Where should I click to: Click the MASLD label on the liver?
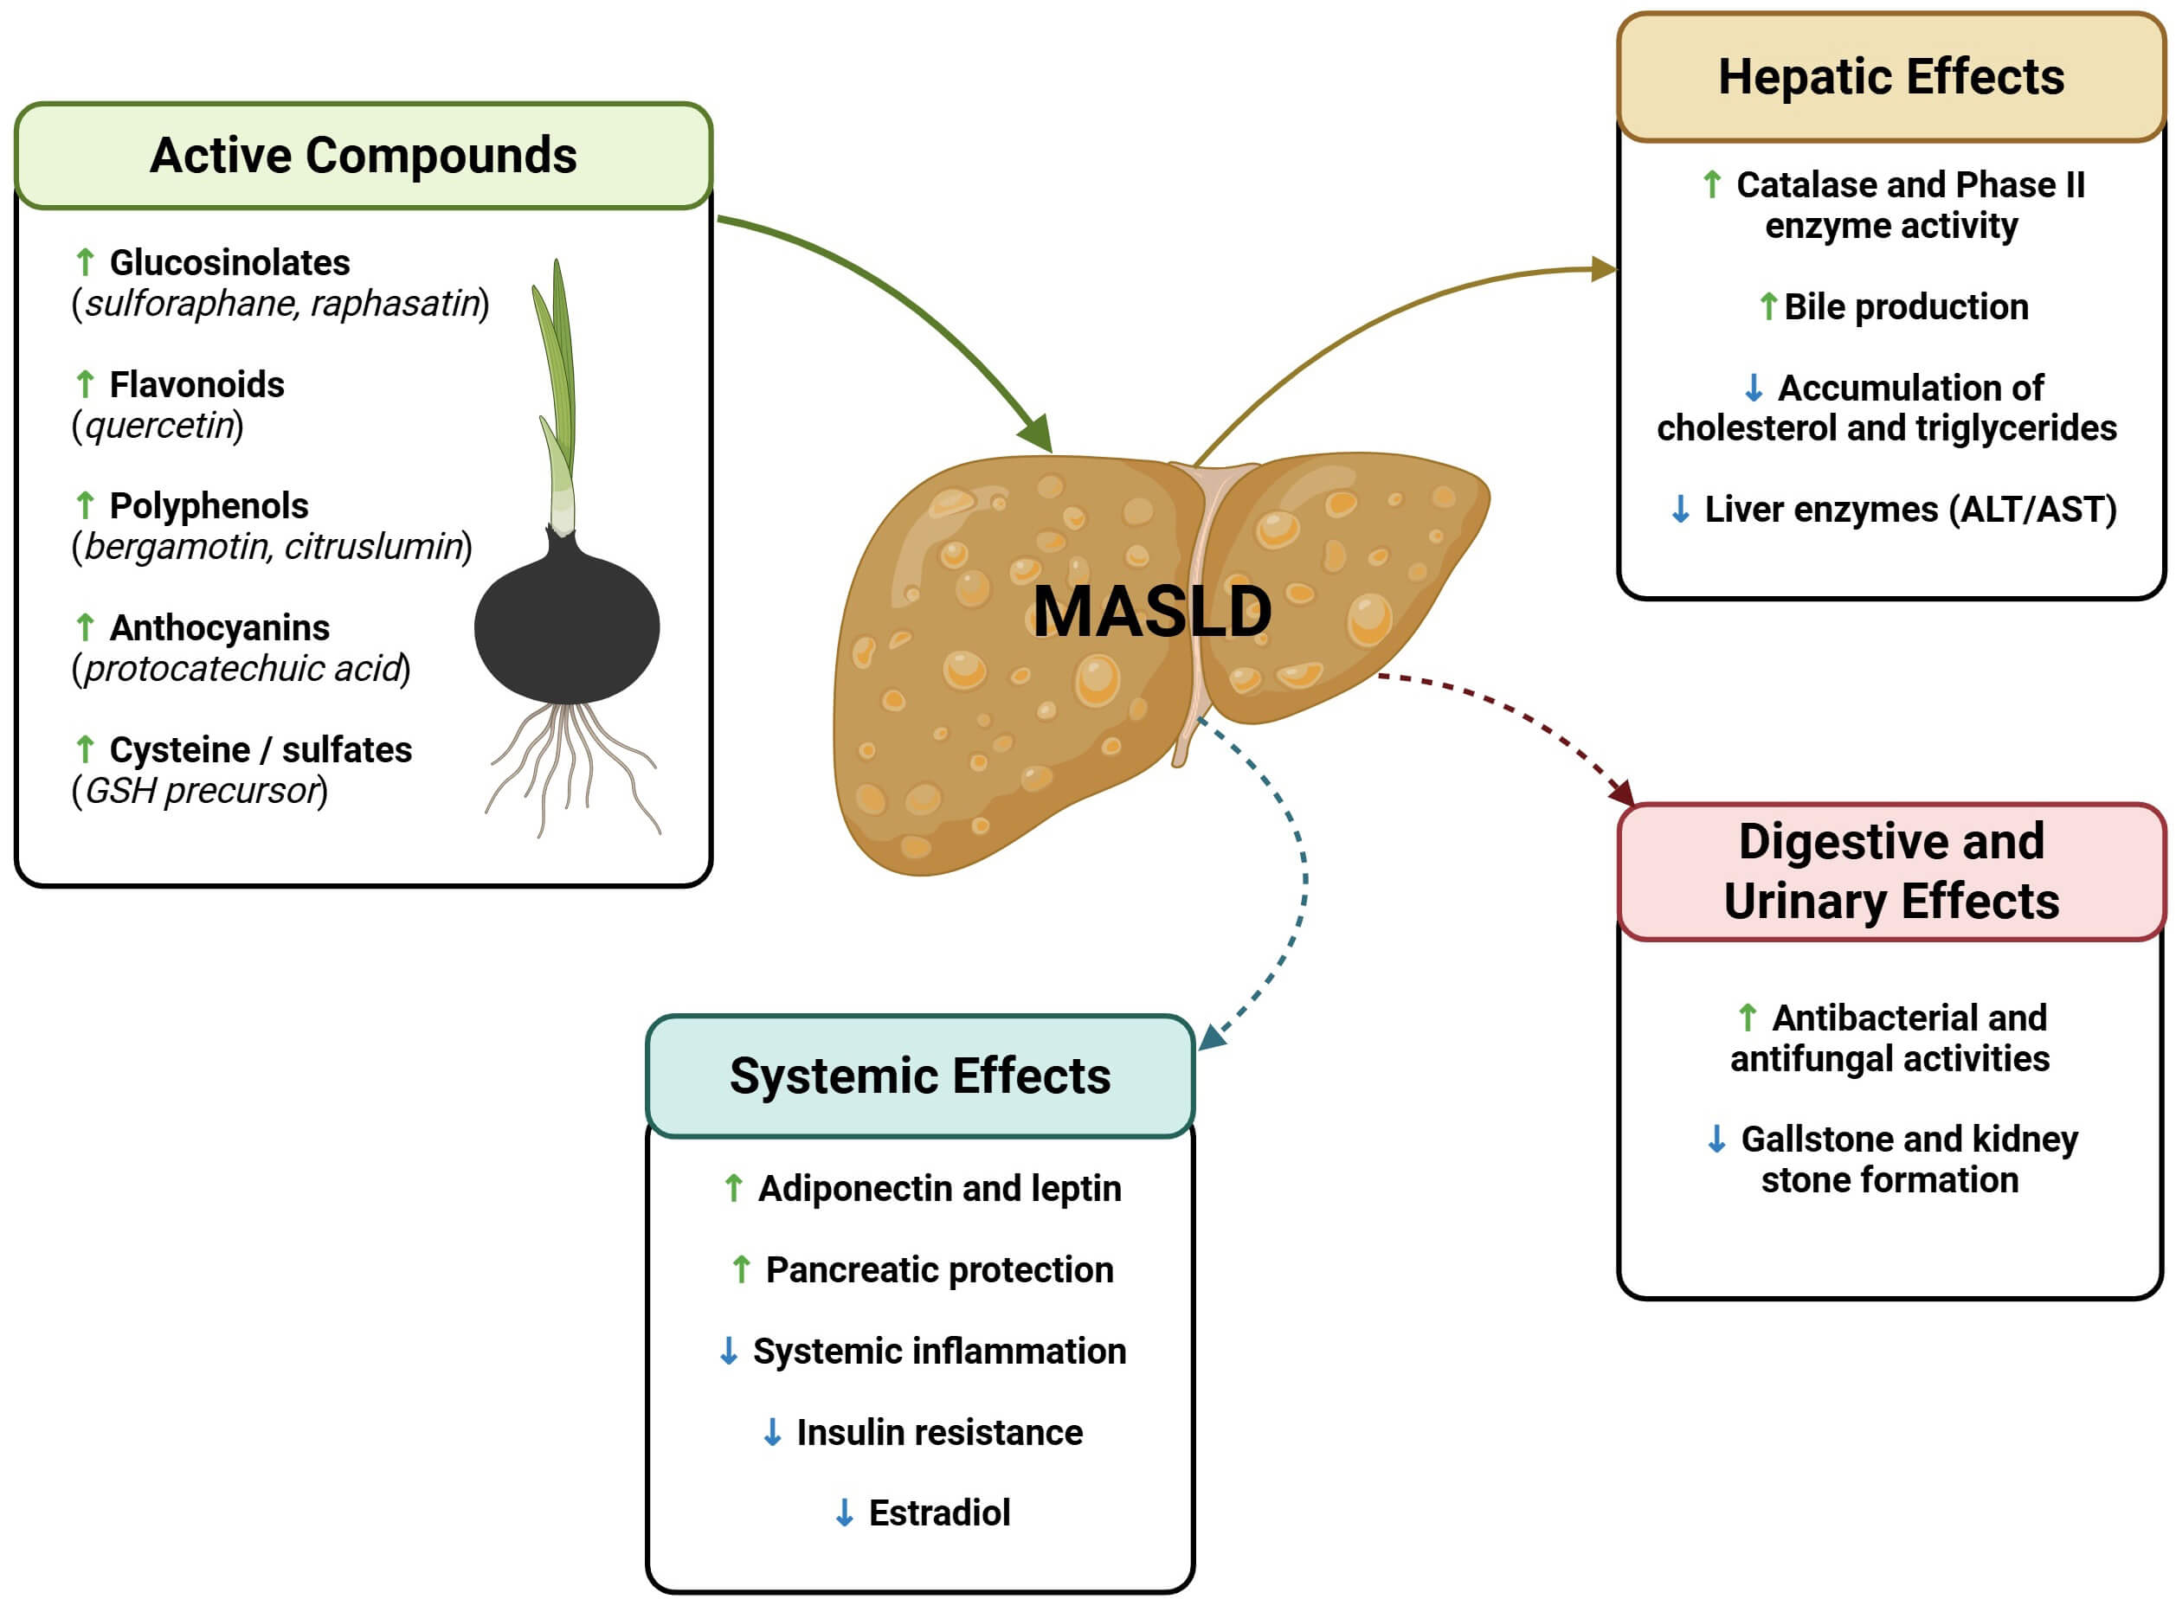pyautogui.click(x=1151, y=612)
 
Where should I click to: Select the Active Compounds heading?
pyautogui.click(x=363, y=156)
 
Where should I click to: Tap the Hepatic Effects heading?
pyautogui.click(x=1890, y=77)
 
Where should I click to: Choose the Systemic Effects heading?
pyautogui.click(x=919, y=1076)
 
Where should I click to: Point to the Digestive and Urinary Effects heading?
pyautogui.click(x=1890, y=871)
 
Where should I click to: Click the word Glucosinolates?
pyautogui.click(x=229, y=262)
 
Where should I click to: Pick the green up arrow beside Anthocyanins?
pyautogui.click(x=85, y=627)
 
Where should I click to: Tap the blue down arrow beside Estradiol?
pyautogui.click(x=844, y=1512)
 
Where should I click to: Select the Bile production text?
pyautogui.click(x=1906, y=307)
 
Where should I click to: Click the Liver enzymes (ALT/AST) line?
pyautogui.click(x=1909, y=509)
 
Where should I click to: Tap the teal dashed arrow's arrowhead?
pyautogui.click(x=1212, y=1037)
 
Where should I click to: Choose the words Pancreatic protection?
pyautogui.click(x=939, y=1270)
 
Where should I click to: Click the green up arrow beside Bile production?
pyautogui.click(x=1767, y=307)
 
